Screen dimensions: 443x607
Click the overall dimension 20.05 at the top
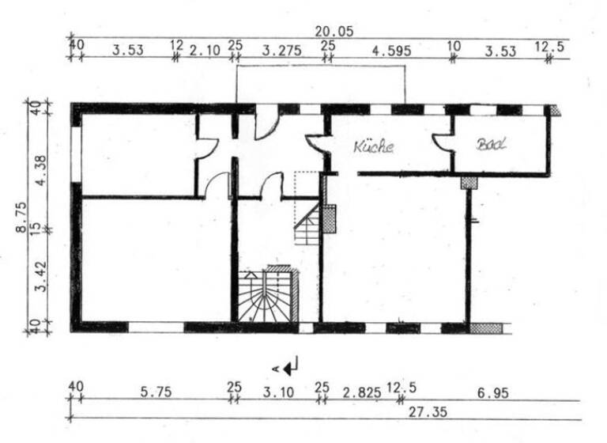pyautogui.click(x=332, y=31)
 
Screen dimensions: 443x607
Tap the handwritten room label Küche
pyautogui.click(x=373, y=146)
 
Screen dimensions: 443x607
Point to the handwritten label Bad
pyautogui.click(x=491, y=145)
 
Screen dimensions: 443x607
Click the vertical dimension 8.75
pyautogui.click(x=21, y=218)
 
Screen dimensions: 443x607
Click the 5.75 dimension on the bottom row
pyautogui.click(x=152, y=391)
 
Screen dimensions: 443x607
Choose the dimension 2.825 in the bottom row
pyautogui.click(x=361, y=391)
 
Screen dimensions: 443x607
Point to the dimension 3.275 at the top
pyautogui.click(x=281, y=51)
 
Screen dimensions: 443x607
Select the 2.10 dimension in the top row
pyautogui.click(x=205, y=51)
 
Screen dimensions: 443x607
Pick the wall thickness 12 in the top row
pyautogui.click(x=177, y=47)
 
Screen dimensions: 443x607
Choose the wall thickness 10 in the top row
pyautogui.click(x=453, y=47)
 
